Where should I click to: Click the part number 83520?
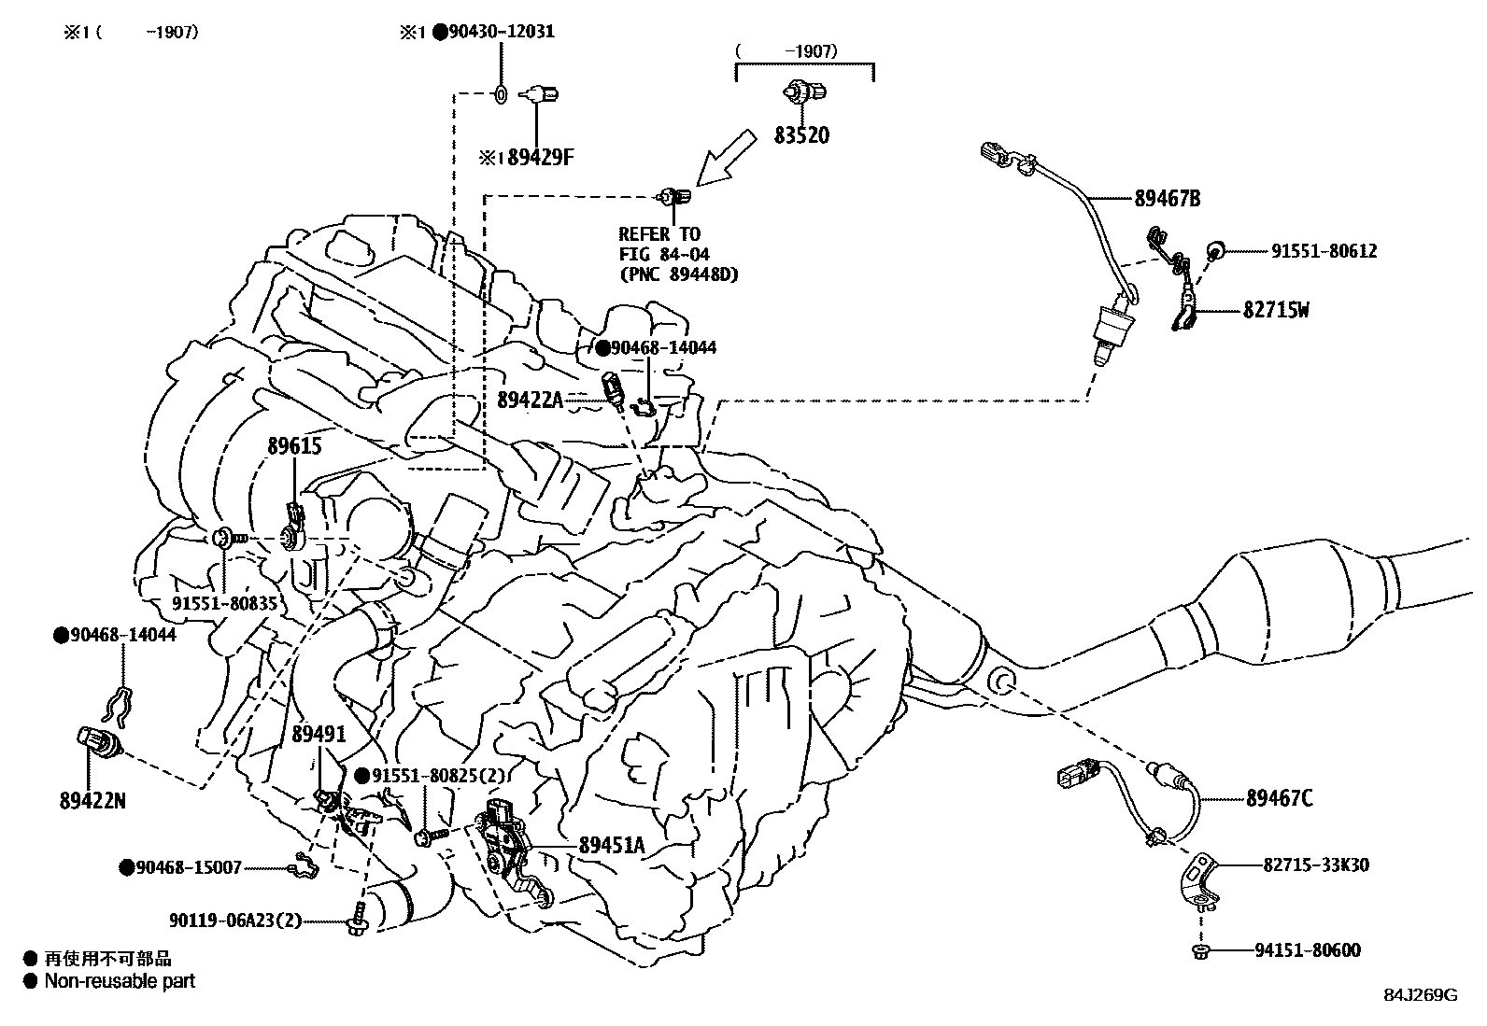click(x=801, y=135)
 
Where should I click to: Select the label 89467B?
click(x=1167, y=199)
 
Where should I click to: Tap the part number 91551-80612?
click(x=1324, y=251)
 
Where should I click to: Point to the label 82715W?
click(x=1276, y=310)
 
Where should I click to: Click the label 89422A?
click(x=530, y=400)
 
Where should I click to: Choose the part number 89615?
click(x=295, y=446)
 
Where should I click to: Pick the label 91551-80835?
click(x=224, y=603)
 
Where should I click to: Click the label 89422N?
click(x=92, y=801)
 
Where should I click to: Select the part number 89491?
click(x=319, y=734)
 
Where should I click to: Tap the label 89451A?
click(x=612, y=845)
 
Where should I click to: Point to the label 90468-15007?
click(x=189, y=867)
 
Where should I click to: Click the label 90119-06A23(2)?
click(x=235, y=921)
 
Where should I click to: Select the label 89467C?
click(x=1280, y=797)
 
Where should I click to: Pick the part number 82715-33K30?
click(x=1316, y=864)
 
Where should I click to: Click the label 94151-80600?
click(x=1308, y=950)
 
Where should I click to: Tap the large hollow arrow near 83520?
click(x=726, y=158)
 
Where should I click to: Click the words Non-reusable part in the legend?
click(x=120, y=981)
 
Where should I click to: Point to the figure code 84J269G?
click(x=1421, y=995)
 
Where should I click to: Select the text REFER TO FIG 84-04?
click(x=664, y=244)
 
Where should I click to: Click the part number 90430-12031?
click(x=502, y=31)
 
